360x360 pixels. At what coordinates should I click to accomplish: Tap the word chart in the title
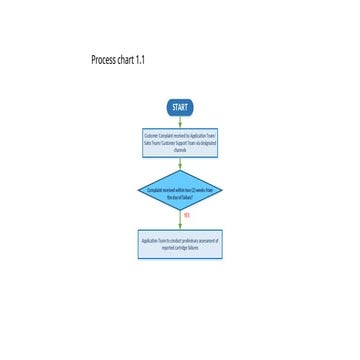point(125,61)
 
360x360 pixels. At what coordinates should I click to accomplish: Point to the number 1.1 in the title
point(141,61)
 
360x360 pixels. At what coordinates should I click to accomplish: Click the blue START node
point(180,107)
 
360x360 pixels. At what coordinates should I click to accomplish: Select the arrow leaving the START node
point(180,122)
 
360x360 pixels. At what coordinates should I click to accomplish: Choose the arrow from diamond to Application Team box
point(180,222)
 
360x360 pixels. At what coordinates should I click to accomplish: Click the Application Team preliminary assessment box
point(180,245)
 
